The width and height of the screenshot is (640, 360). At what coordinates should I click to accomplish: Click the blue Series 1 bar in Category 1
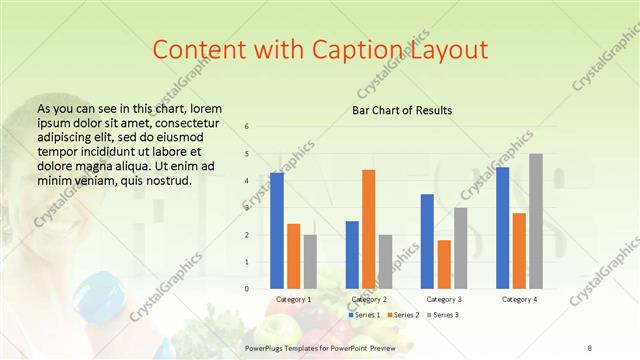(276, 230)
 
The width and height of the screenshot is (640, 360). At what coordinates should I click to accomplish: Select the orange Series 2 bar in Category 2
(368, 229)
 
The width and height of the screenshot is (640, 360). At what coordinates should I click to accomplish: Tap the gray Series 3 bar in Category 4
(536, 221)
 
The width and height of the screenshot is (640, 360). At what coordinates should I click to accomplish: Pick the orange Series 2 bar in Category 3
(444, 264)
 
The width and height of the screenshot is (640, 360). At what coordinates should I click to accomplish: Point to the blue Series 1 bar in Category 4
(502, 228)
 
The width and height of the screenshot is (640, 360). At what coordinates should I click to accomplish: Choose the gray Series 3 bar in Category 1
(310, 261)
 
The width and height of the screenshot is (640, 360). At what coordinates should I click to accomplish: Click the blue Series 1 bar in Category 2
(352, 254)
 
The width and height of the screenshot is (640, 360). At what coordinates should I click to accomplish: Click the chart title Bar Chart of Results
(402, 110)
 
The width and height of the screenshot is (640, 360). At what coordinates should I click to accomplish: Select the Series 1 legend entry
(364, 315)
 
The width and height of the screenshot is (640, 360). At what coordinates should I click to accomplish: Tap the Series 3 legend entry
(444, 315)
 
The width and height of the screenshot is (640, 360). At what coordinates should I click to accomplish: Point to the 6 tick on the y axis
(247, 127)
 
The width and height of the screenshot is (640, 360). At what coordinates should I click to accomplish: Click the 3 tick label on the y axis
(247, 208)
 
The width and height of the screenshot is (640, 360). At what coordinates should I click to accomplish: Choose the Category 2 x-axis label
(369, 299)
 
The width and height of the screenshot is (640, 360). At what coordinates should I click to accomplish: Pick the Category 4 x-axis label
(519, 299)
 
